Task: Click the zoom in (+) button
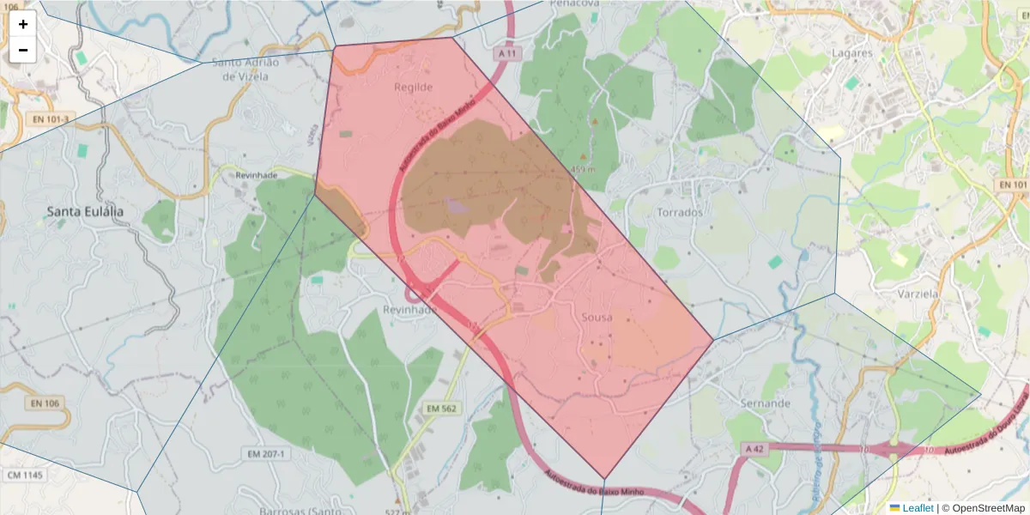pos(23,24)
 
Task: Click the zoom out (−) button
pos(23,50)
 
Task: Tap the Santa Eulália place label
pos(85,211)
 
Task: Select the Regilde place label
pos(413,88)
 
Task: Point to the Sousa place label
pos(597,318)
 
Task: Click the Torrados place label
pos(679,212)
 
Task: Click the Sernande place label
pos(765,403)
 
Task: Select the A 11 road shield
pos(509,53)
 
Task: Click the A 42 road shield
pos(754,449)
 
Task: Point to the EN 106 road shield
pos(45,403)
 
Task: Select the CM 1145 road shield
pos(25,475)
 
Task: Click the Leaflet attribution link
pos(917,508)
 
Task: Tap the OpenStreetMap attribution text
pos(984,508)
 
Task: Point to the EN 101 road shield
pos(1014,185)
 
